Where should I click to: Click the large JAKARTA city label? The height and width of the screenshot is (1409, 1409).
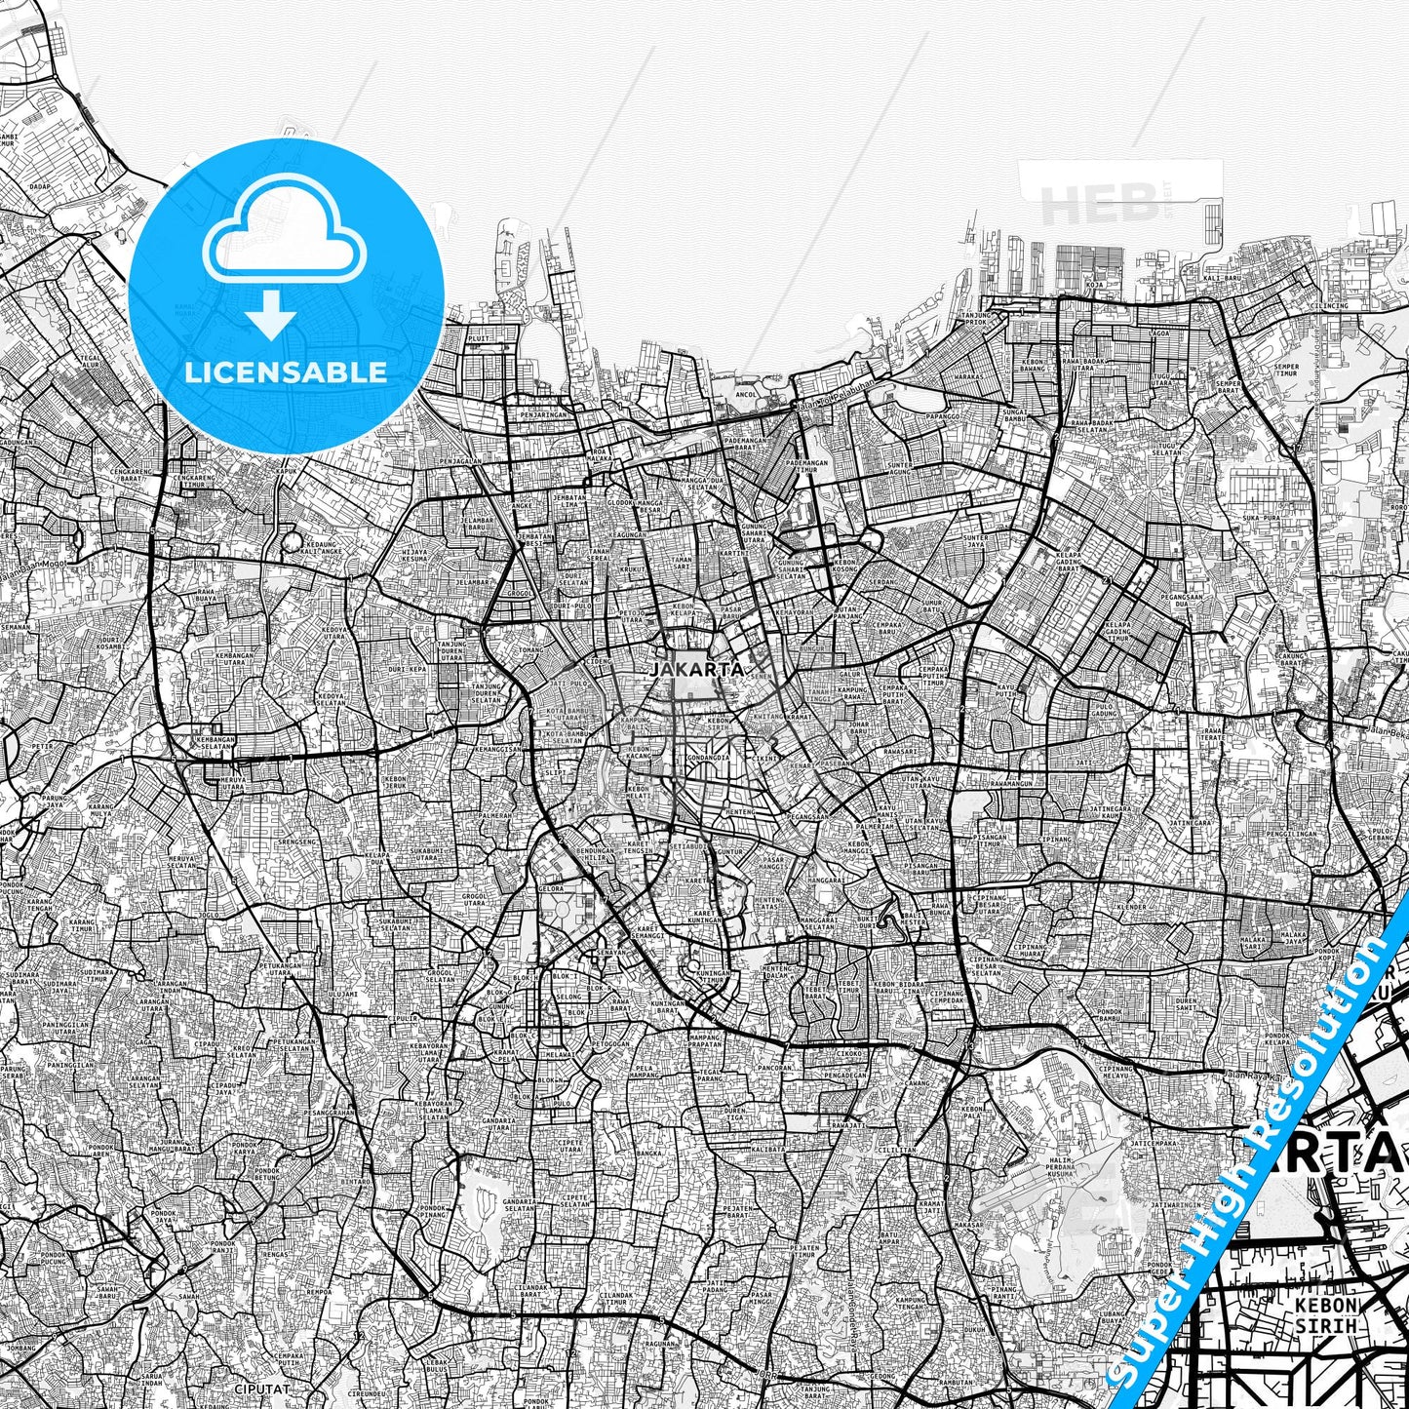click(696, 670)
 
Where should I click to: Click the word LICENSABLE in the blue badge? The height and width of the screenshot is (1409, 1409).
click(286, 372)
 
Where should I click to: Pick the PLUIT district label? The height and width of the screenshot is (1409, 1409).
click(479, 340)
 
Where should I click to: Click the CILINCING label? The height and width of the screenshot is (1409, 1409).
click(1329, 306)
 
